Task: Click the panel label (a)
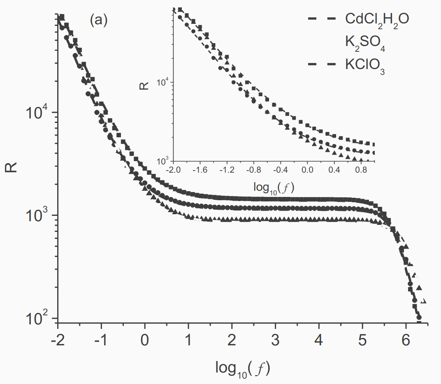click(x=99, y=21)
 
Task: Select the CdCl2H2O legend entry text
click(x=377, y=19)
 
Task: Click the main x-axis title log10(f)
click(x=243, y=368)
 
